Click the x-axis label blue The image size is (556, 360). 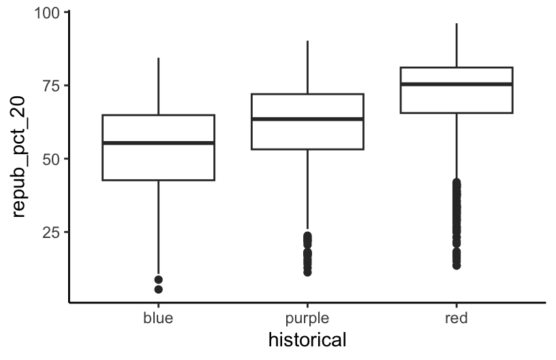click(158, 318)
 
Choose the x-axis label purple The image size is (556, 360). click(307, 318)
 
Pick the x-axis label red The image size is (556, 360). click(456, 318)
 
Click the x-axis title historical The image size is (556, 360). click(307, 339)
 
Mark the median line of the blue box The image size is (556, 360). click(158, 142)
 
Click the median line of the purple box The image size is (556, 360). click(307, 119)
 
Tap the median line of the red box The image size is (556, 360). click(456, 84)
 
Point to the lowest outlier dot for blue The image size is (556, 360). click(158, 289)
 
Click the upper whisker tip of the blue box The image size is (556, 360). click(158, 58)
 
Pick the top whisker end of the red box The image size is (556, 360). click(456, 23)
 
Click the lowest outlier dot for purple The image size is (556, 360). click(307, 272)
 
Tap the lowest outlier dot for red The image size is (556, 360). click(456, 265)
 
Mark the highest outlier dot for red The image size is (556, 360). click(456, 182)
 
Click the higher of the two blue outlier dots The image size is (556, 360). click(158, 280)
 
